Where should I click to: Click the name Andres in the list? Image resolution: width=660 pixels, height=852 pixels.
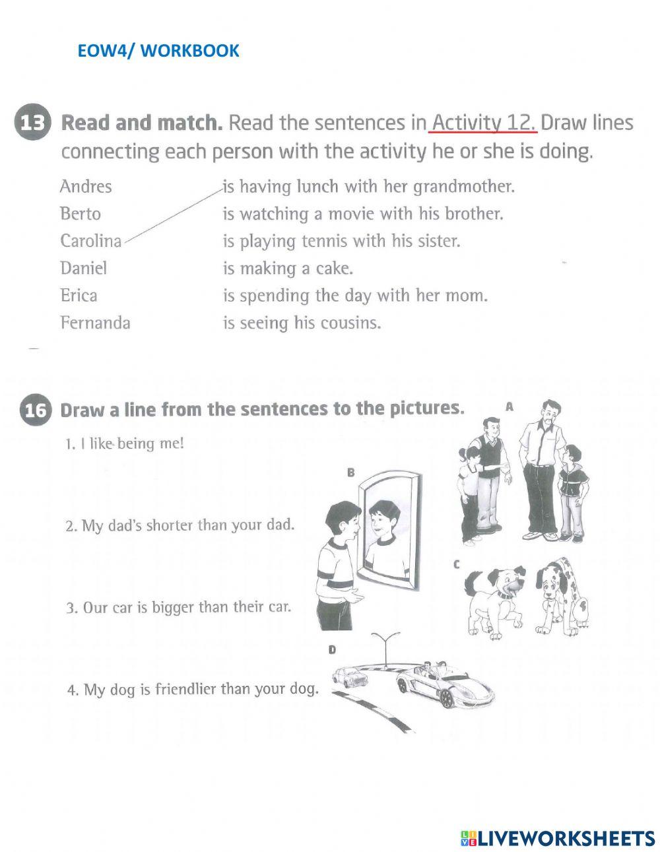point(86,187)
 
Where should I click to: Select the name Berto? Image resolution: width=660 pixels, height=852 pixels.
point(81,214)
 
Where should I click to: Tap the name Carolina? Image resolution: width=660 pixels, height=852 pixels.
point(91,241)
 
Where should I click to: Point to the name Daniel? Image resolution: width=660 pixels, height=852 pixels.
point(83,268)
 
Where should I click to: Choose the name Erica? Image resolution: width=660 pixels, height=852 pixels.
point(79,295)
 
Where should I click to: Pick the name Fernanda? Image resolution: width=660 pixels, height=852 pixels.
point(95,323)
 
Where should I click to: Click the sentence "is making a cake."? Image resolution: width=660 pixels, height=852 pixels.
point(288,269)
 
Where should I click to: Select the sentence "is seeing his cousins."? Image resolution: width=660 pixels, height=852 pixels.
point(302,323)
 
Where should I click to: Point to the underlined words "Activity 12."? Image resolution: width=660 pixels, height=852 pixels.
point(482,123)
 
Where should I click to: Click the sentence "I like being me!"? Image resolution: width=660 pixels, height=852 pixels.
point(125,443)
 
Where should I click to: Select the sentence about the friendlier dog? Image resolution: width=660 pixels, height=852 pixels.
point(192,690)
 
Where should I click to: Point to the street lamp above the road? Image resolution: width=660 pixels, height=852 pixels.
point(385,643)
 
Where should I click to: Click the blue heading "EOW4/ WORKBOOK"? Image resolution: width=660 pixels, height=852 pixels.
point(158,51)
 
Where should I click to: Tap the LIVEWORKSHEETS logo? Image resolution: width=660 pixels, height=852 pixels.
point(558,839)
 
